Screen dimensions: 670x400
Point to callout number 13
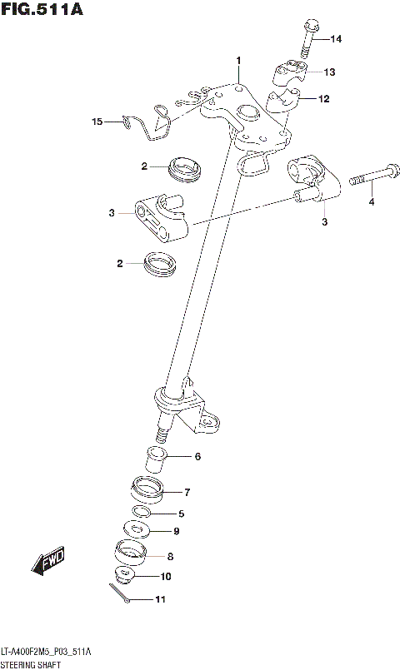click(329, 72)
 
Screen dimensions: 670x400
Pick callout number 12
click(323, 99)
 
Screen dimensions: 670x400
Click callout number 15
click(97, 122)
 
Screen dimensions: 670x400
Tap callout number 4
click(372, 201)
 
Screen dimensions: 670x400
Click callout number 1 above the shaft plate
click(237, 61)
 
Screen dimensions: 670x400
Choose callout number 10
click(166, 576)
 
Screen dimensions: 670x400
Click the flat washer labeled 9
click(136, 528)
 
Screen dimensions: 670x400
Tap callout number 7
click(187, 492)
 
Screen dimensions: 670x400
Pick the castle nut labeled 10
click(125, 575)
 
